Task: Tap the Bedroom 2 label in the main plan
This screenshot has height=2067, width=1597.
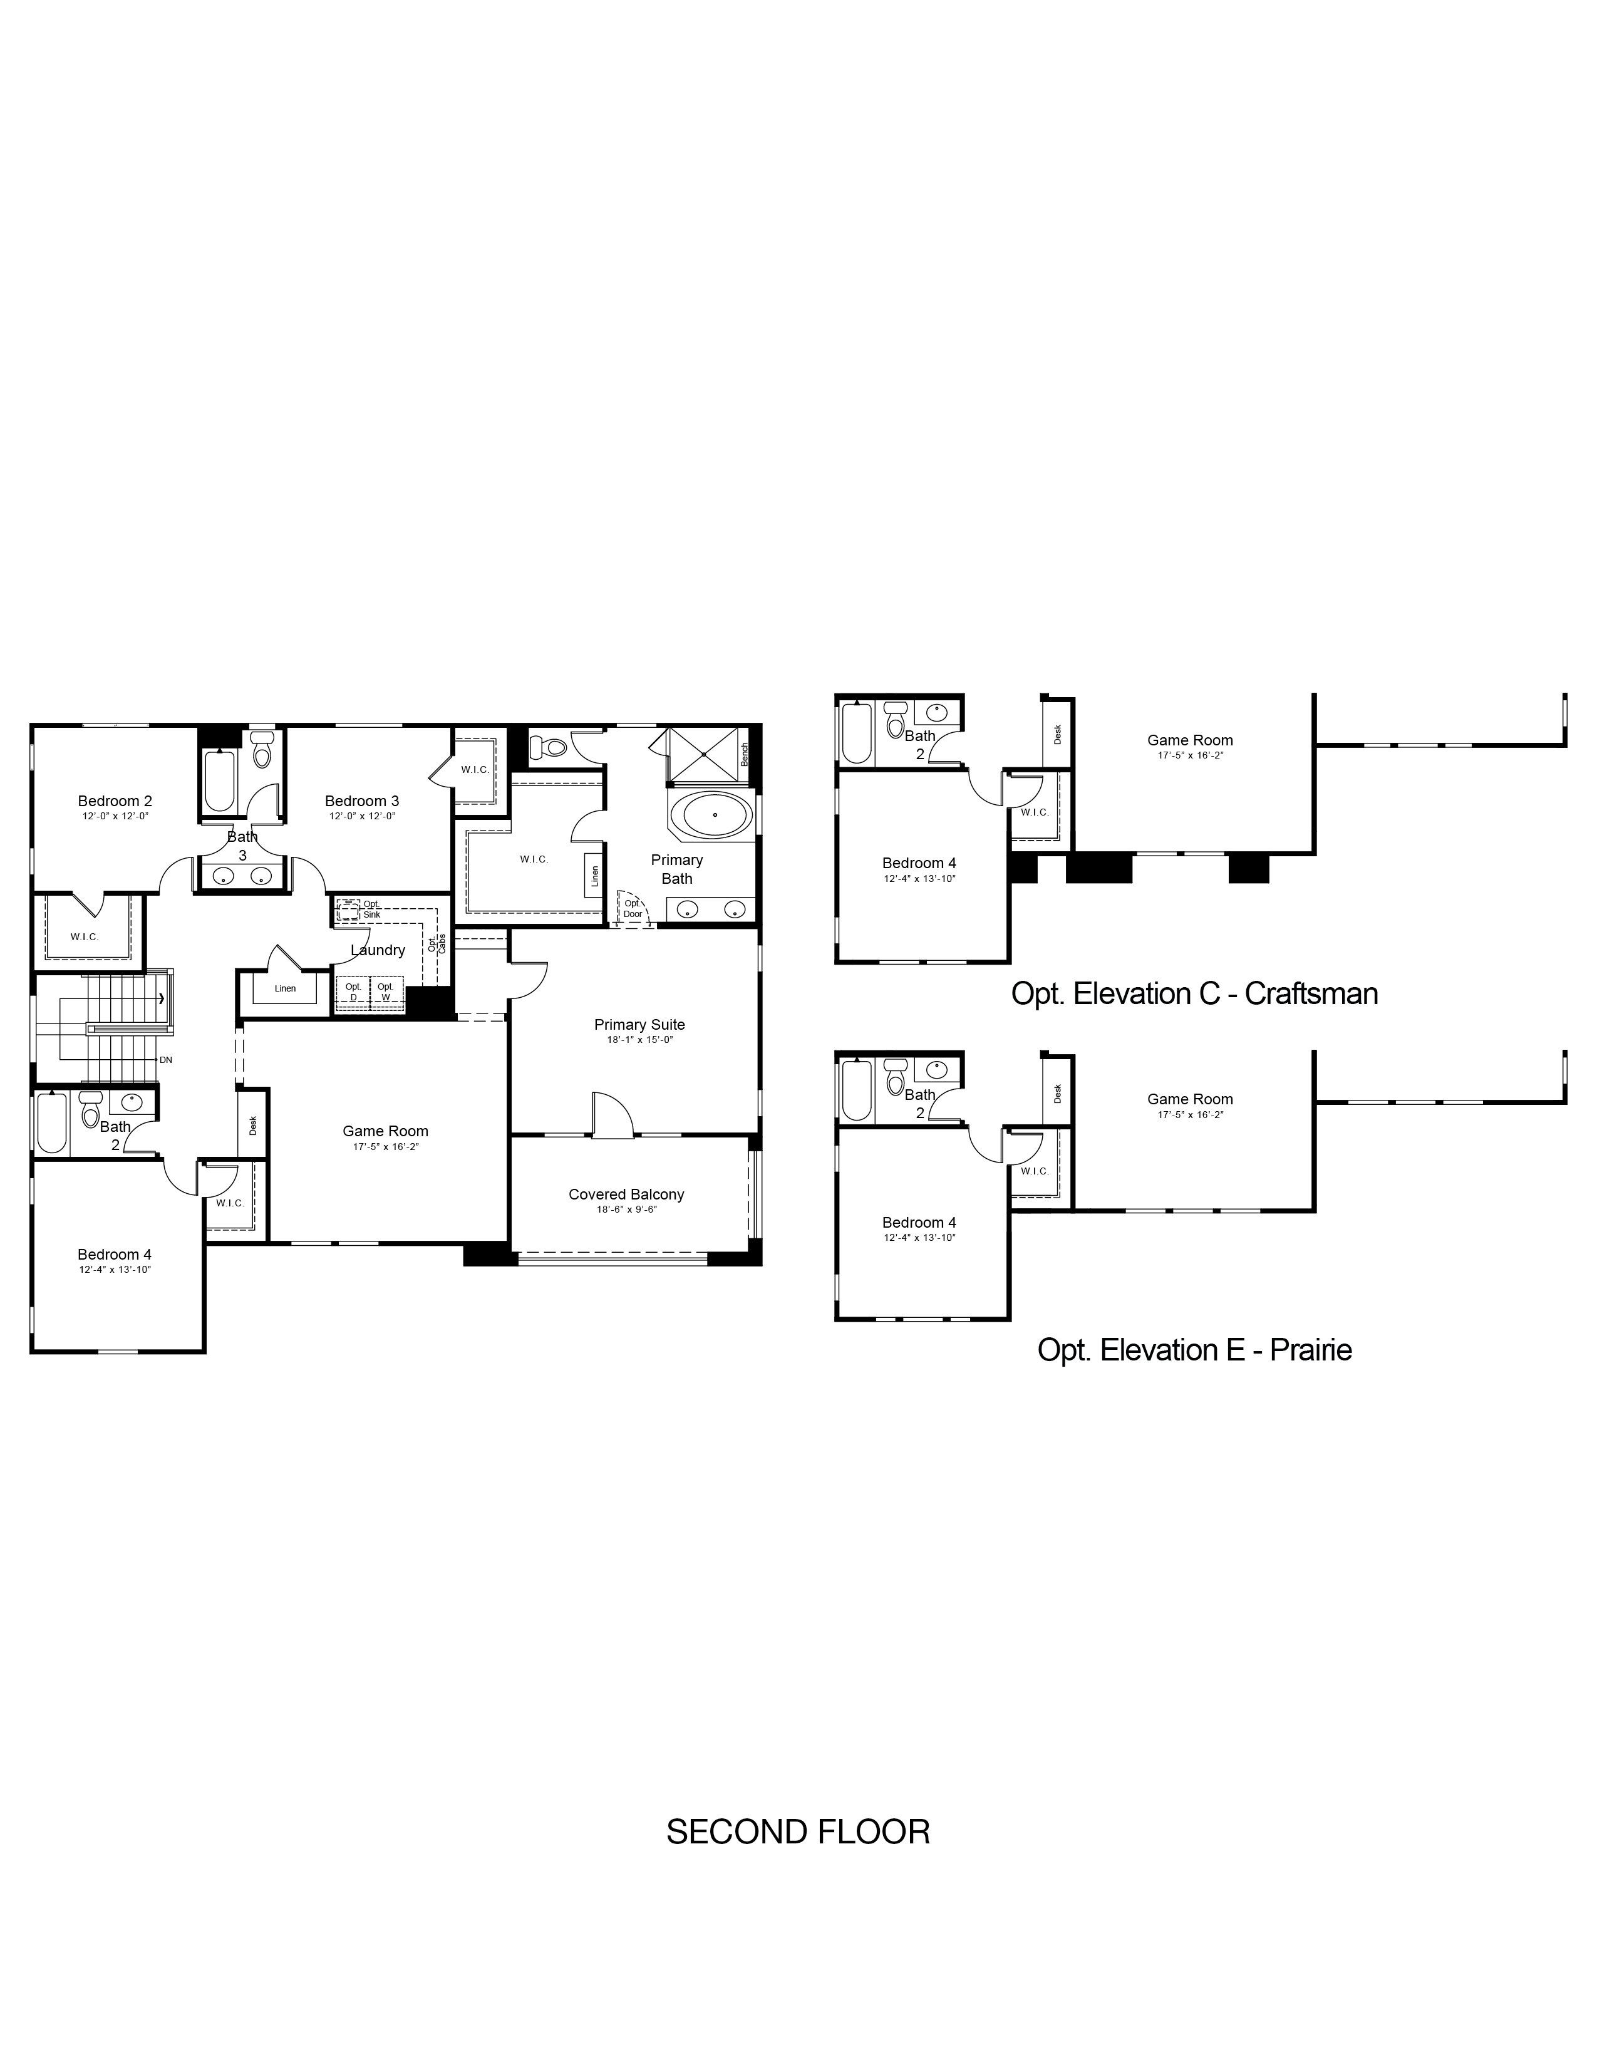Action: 115,800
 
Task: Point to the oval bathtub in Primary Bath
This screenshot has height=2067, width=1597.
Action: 715,814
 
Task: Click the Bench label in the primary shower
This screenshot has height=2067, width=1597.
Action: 745,754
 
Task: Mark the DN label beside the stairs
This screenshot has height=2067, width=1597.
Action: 165,1060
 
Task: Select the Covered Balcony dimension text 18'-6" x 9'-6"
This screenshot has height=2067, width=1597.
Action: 626,1210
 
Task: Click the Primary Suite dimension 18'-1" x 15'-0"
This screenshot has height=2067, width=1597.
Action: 639,1039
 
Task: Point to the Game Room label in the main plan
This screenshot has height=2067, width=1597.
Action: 385,1131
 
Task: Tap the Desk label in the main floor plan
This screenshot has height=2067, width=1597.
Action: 252,1124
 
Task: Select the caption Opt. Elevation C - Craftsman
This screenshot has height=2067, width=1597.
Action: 1194,994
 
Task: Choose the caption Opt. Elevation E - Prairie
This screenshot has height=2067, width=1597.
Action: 1194,1350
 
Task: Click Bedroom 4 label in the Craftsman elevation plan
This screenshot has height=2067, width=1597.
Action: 919,863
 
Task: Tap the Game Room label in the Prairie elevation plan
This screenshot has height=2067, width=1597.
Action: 1190,1099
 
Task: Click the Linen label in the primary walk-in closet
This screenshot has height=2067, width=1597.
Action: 594,876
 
